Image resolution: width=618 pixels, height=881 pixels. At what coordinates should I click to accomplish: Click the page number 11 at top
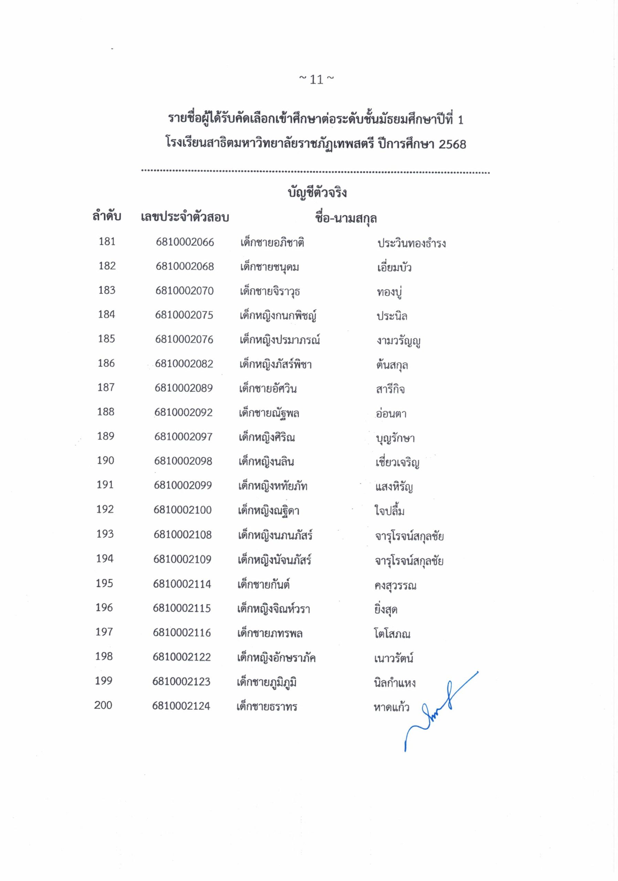(316, 79)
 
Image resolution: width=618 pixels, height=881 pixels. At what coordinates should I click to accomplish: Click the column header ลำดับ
(107, 217)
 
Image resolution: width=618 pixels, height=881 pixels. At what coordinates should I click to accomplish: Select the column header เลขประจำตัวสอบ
(185, 217)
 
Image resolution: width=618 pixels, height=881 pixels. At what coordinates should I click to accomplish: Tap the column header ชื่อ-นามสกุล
(345, 218)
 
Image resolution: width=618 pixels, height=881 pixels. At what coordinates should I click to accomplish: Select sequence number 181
(107, 241)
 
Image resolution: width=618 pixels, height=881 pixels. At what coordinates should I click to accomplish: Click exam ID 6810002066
(185, 242)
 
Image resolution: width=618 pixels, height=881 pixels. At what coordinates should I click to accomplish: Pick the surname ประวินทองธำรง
(411, 243)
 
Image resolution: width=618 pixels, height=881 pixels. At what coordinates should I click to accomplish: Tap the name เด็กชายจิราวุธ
(270, 291)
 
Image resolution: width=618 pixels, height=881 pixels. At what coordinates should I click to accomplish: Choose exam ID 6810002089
(184, 388)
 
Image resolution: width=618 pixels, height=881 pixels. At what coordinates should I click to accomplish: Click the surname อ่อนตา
(391, 413)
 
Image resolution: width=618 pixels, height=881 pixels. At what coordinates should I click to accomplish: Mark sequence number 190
(106, 460)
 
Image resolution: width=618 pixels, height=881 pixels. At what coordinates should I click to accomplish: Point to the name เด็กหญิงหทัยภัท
(273, 486)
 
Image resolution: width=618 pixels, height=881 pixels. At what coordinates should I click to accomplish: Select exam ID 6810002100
(183, 510)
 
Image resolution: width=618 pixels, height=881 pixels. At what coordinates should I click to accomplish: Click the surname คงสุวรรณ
(395, 585)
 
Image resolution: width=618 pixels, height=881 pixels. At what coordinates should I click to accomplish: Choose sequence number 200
(103, 705)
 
